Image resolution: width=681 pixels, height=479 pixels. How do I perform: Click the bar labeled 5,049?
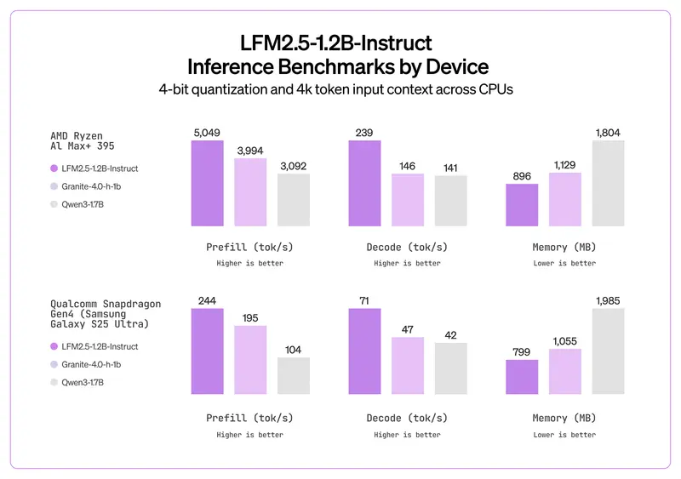click(x=207, y=183)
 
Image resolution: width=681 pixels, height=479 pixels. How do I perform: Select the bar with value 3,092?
click(x=294, y=200)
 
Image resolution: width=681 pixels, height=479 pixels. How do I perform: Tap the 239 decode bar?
click(x=364, y=183)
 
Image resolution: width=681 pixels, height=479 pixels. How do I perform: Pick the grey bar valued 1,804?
click(x=609, y=183)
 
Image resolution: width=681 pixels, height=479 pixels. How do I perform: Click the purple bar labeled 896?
click(x=522, y=205)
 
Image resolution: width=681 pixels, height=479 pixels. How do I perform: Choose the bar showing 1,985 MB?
click(x=609, y=351)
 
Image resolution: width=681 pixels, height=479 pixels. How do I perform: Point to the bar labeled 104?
click(x=294, y=375)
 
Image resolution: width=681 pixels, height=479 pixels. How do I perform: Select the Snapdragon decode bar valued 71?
click(x=364, y=351)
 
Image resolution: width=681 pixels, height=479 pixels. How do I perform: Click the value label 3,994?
click(x=250, y=151)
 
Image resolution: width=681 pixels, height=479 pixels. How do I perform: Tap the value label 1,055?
click(x=565, y=341)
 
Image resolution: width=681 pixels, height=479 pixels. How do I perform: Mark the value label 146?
click(x=408, y=166)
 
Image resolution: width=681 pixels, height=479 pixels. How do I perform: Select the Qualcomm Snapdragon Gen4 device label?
click(x=106, y=314)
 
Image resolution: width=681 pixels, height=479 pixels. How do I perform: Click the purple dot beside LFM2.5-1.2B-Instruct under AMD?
click(x=55, y=168)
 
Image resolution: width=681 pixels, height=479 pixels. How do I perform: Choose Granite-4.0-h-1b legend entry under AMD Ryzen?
click(x=88, y=186)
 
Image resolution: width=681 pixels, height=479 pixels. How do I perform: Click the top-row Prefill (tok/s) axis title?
click(x=249, y=248)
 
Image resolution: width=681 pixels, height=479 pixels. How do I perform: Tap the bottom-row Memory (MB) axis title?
click(x=564, y=418)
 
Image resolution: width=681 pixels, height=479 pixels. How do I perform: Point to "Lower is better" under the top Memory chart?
click(x=564, y=264)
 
